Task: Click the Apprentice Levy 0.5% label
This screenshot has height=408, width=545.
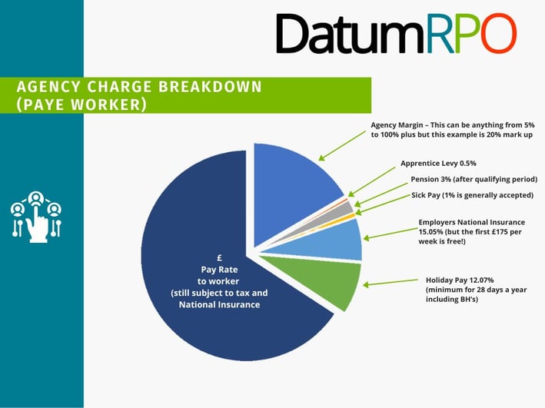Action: [438, 164]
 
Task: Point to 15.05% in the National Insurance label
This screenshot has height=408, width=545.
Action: [430, 232]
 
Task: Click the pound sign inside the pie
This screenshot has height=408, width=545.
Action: [219, 258]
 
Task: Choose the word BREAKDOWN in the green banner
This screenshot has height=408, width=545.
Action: [210, 87]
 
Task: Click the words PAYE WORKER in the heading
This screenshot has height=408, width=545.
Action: [81, 104]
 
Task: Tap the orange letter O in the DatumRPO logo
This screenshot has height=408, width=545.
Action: [497, 33]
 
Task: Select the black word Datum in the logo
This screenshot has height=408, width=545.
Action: [351, 34]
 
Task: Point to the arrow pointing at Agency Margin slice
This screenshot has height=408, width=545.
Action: [342, 146]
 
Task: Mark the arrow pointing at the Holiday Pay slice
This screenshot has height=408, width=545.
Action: [390, 282]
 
